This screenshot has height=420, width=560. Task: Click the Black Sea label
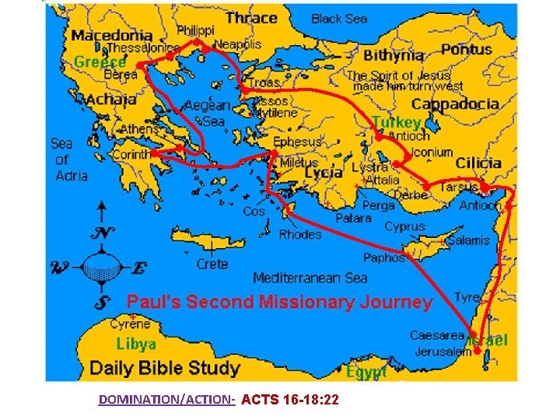point(339,19)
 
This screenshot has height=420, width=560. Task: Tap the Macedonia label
point(112,35)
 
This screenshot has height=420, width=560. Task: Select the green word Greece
point(100,61)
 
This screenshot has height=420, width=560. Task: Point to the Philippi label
point(197,30)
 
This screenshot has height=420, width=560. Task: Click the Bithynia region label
point(394,55)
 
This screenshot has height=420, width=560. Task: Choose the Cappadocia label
point(455,104)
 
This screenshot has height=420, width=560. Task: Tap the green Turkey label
point(397,122)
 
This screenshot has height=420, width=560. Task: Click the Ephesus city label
point(297,142)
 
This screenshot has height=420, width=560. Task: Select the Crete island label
point(212,264)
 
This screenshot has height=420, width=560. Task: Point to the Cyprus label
point(405,226)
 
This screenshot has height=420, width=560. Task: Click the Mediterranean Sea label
point(310,278)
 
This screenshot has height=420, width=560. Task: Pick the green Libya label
point(136,343)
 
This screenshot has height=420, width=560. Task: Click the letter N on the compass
point(101,233)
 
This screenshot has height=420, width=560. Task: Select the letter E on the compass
point(139,269)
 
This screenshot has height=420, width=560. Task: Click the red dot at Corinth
point(156,154)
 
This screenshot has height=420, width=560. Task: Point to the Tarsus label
point(459,187)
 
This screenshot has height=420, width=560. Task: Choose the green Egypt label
point(367,373)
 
